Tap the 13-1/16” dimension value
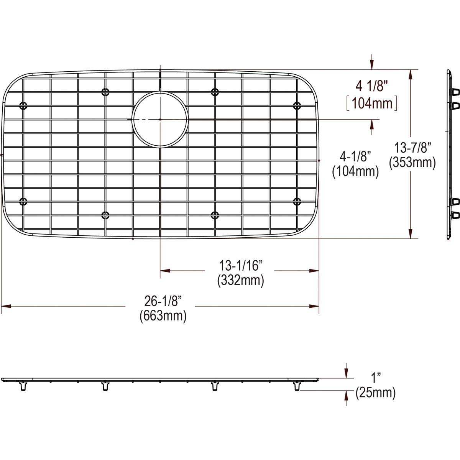(x=240, y=265)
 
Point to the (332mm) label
(x=240, y=280)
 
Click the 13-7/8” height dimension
(x=413, y=147)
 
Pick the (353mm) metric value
(x=412, y=163)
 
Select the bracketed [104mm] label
(x=371, y=103)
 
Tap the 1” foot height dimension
(x=375, y=376)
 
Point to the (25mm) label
(x=375, y=393)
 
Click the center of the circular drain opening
(x=160, y=119)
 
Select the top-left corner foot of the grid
(x=23, y=105)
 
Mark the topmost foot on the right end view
(x=455, y=92)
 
